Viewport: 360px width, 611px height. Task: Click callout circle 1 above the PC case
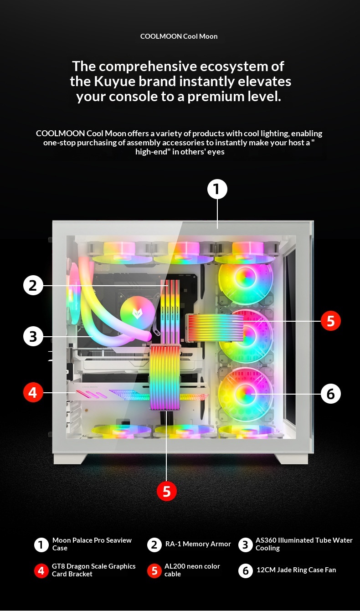pos(217,189)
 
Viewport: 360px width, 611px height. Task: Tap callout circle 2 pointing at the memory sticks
pos(33,285)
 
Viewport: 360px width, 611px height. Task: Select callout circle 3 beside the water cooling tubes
pos(33,336)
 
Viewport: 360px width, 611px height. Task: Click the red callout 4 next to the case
pos(33,392)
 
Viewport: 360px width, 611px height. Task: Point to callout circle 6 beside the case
pos(330,394)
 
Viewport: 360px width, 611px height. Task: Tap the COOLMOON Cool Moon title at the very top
pos(179,36)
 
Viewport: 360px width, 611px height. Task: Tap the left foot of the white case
pos(70,458)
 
